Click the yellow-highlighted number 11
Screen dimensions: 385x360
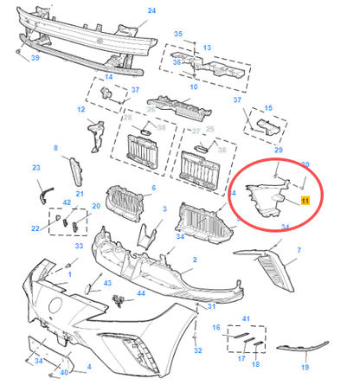pos(304,200)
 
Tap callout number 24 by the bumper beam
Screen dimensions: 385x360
pos(152,10)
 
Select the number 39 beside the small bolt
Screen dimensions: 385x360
pos(35,57)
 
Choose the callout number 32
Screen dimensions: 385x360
pos(198,350)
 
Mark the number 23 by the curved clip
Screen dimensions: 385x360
pos(36,168)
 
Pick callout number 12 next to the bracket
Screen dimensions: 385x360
pos(80,110)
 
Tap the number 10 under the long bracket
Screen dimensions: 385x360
pos(192,87)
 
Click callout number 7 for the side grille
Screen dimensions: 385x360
pos(299,251)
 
